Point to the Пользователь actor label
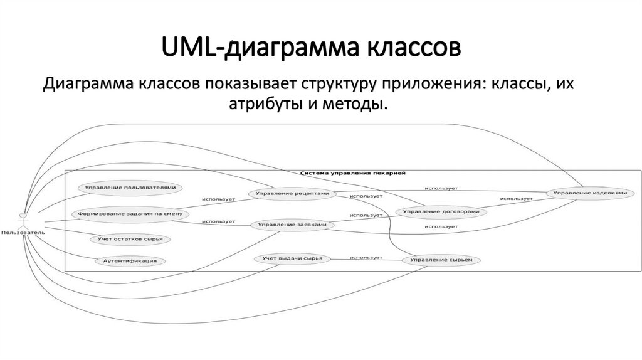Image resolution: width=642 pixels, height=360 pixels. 23,233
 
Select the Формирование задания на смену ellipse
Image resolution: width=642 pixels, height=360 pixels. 125,214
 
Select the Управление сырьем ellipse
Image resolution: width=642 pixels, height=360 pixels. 436,259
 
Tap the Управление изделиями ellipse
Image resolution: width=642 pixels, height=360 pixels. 586,193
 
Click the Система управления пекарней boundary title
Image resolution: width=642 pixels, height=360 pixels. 354,172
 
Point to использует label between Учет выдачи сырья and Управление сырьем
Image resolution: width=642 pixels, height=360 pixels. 366,257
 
